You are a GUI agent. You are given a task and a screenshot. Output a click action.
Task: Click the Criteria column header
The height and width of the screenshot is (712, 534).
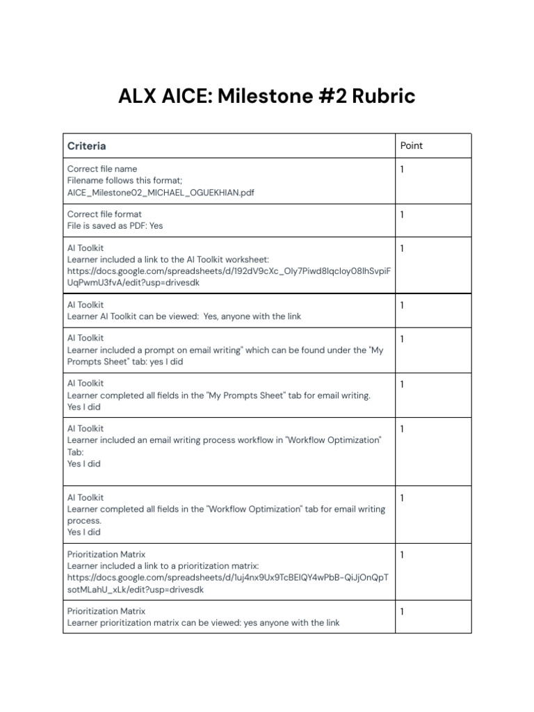pyautogui.click(x=87, y=146)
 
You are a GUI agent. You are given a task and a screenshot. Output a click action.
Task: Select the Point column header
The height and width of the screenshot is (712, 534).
pyautogui.click(x=412, y=145)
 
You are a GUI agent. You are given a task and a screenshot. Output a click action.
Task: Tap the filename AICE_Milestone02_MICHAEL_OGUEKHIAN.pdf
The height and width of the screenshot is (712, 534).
pyautogui.click(x=161, y=193)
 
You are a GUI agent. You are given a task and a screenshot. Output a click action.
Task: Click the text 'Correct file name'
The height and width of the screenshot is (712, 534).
pyautogui.click(x=102, y=169)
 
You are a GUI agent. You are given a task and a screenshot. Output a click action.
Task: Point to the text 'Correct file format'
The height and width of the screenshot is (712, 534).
pyautogui.click(x=104, y=214)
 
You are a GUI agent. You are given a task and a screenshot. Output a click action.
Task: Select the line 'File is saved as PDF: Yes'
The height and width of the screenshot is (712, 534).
pyautogui.click(x=115, y=226)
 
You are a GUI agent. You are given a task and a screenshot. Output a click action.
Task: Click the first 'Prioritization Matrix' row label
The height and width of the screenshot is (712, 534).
pyautogui.click(x=106, y=554)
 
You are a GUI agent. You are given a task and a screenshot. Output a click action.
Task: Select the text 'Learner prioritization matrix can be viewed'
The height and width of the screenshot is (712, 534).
pyautogui.click(x=153, y=623)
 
